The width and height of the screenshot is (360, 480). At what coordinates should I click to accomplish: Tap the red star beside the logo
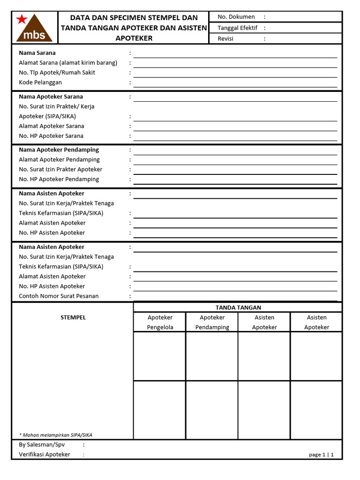pyautogui.click(x=21, y=19)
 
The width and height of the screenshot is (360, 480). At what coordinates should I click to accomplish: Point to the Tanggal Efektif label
pyautogui.click(x=237, y=28)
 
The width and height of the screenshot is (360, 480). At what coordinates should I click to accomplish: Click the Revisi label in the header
pyautogui.click(x=225, y=39)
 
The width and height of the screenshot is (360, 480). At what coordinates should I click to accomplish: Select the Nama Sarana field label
pyautogui.click(x=37, y=53)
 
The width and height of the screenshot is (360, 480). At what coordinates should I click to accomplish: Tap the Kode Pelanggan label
pyautogui.click(x=40, y=82)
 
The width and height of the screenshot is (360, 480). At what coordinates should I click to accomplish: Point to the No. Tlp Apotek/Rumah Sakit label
pyautogui.click(x=57, y=73)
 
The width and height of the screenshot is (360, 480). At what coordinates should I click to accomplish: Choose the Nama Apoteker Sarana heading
pyautogui.click(x=51, y=97)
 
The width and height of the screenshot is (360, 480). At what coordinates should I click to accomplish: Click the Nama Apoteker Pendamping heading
pyautogui.click(x=59, y=150)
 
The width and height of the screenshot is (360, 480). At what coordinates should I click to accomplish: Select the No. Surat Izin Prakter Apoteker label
pyautogui.click(x=60, y=170)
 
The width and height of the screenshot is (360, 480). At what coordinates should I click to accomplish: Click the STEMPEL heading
pyautogui.click(x=73, y=318)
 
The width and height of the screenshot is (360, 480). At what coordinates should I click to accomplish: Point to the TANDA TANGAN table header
pyautogui.click(x=238, y=307)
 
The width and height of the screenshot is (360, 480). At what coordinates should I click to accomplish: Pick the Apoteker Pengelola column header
pyautogui.click(x=160, y=322)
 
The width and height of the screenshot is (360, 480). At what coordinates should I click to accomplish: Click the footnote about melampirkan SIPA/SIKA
pyautogui.click(x=55, y=435)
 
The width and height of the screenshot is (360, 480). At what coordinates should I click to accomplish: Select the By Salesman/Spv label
pyautogui.click(x=42, y=445)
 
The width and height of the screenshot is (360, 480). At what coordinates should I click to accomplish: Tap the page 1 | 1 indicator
pyautogui.click(x=321, y=455)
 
